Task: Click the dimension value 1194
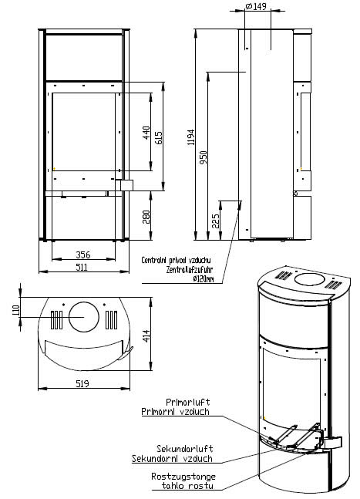pyautogui.click(x=191, y=137)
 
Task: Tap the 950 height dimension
pyautogui.click(x=204, y=157)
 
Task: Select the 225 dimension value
pyautogui.click(x=216, y=221)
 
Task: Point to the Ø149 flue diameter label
pyautogui.click(x=257, y=6)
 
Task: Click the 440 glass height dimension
pyautogui.click(x=146, y=133)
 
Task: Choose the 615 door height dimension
pyautogui.click(x=159, y=138)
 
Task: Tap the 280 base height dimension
pyautogui.click(x=146, y=217)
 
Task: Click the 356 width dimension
pyautogui.click(x=83, y=255)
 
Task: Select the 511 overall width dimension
pyautogui.click(x=82, y=267)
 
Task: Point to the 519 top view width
pyautogui.click(x=82, y=384)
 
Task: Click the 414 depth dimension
pyautogui.click(x=146, y=336)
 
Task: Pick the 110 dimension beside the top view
pyautogui.click(x=16, y=311)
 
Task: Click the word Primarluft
pyautogui.click(x=187, y=403)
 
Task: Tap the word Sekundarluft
pyautogui.click(x=185, y=449)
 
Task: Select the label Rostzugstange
pyautogui.click(x=183, y=477)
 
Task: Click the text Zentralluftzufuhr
pyautogui.click(x=189, y=270)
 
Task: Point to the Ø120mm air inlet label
pyautogui.click(x=204, y=279)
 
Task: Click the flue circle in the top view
pyautogui.click(x=84, y=317)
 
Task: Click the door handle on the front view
pyautogui.click(x=126, y=185)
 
